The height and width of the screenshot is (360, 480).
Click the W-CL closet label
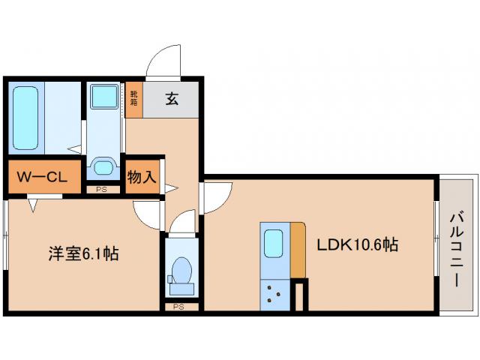pyautogui.click(x=43, y=178)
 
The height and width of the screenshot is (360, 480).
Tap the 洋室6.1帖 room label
pyautogui.click(x=79, y=254)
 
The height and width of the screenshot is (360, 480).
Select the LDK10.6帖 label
pyautogui.click(x=356, y=244)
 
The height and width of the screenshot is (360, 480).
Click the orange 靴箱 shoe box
pyautogui.click(x=133, y=98)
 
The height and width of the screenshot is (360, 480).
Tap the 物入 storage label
pyautogui.click(x=142, y=178)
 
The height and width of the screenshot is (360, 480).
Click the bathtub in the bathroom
pyautogui.click(x=25, y=118)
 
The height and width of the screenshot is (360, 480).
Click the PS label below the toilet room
pyautogui.click(x=178, y=307)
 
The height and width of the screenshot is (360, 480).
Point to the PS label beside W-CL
pyautogui.click(x=102, y=190)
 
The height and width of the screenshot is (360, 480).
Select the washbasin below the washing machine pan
pyautogui.click(x=102, y=165)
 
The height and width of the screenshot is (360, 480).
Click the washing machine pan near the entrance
pyautogui.click(x=103, y=97)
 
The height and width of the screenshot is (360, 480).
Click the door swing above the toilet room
pyautogui.click(x=182, y=222)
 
